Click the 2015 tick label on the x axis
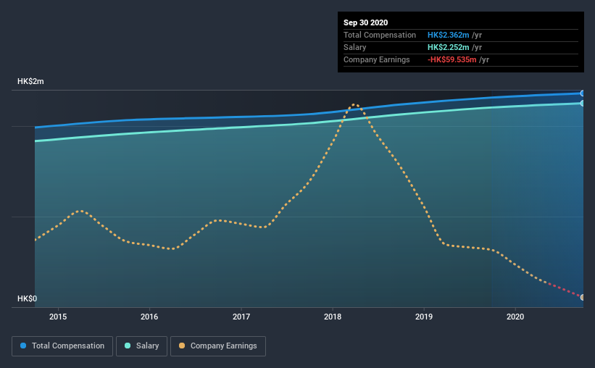pos(58,317)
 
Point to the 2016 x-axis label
pos(149,317)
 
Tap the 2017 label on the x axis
pos(241,317)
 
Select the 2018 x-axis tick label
pos(333,317)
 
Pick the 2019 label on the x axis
pos(424,317)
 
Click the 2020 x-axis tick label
pos(515,317)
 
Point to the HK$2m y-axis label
pos(30,82)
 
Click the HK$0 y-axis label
pos(27,298)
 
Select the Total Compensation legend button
pos(62,346)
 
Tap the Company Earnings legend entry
pos(217,346)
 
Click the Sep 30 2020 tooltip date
pos(366,22)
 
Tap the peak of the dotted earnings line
pos(354,104)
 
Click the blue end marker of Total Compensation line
pos(583,93)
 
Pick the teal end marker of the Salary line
pos(583,103)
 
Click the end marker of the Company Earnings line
pos(583,297)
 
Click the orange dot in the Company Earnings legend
pos(181,346)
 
